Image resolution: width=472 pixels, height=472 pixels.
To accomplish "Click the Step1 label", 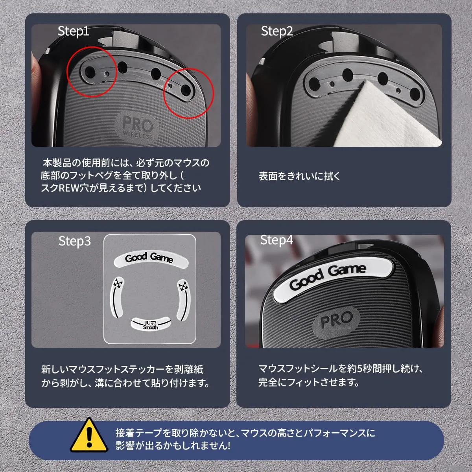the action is pyautogui.click(x=73, y=31).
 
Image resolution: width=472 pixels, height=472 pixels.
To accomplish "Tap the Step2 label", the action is pyautogui.click(x=277, y=31).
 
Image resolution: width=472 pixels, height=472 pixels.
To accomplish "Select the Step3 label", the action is pyautogui.click(x=74, y=241).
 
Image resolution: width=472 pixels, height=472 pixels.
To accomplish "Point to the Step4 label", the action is pyautogui.click(x=277, y=240).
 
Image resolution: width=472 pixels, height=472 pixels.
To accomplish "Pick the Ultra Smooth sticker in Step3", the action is pyautogui.click(x=151, y=324).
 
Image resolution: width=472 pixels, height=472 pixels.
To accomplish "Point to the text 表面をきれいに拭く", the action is pyautogui.click(x=299, y=176).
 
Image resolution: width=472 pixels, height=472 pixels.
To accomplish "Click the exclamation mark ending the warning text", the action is pyautogui.click(x=229, y=445).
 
